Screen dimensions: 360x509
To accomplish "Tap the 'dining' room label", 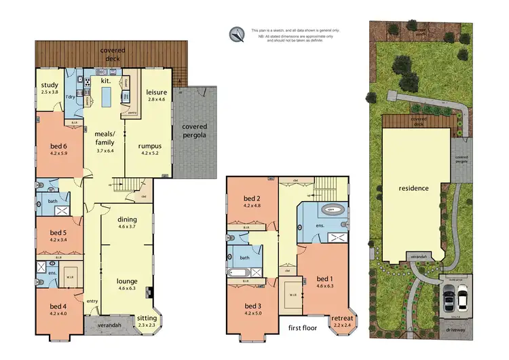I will click(127, 220).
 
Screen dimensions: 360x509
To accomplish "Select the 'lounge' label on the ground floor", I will click(127, 281).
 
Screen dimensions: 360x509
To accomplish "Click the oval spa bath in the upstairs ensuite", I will click(332, 211).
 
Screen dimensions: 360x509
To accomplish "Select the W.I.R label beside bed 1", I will click(290, 295).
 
